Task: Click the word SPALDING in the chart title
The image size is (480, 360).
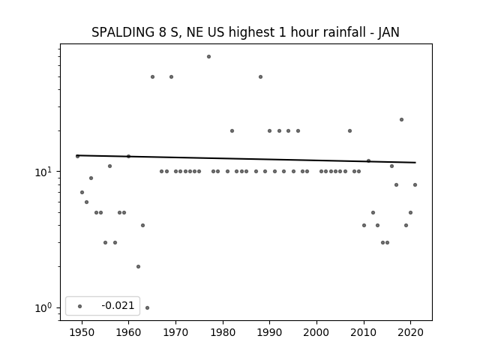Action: point(123,32)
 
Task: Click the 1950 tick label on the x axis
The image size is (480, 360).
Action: point(82,332)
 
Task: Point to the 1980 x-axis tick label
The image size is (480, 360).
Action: point(223,332)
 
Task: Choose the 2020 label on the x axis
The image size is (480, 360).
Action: point(410,332)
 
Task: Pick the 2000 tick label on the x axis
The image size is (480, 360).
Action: point(316,332)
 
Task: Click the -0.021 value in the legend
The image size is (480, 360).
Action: point(118,305)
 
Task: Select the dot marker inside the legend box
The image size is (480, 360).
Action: point(80,306)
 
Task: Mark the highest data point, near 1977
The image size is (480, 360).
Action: point(208,57)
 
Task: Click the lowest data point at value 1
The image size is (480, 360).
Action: point(147,307)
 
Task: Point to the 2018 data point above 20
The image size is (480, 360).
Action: point(402,120)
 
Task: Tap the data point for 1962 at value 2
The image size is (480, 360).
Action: point(138,267)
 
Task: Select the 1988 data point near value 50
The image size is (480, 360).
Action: point(260,76)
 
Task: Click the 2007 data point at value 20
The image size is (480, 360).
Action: point(350,130)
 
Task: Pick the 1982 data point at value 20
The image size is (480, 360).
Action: point(232,130)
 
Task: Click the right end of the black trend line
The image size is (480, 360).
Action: point(415,162)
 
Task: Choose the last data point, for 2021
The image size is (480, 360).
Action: point(415,185)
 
